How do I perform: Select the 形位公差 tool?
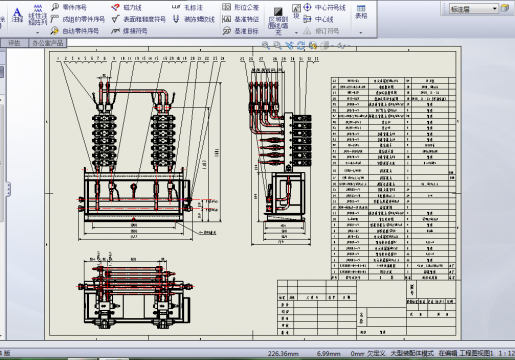[x=244, y=6]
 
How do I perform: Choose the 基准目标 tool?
[x=244, y=30]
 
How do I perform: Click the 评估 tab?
[x=14, y=44]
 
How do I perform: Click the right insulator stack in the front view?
[x=164, y=140]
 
